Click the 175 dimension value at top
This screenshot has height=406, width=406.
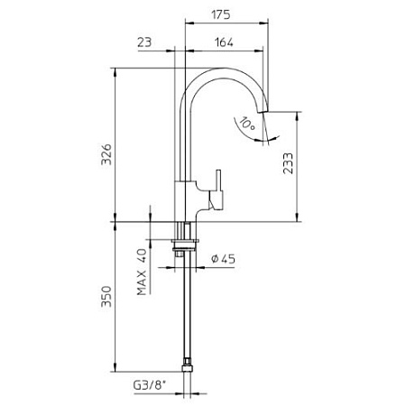221,14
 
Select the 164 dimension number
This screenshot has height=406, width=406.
224,42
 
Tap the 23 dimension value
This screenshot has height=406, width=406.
144,42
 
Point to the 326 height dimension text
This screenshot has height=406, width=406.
106,154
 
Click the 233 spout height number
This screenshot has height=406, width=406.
288,163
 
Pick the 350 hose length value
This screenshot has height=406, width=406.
106,297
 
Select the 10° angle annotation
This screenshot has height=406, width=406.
248,124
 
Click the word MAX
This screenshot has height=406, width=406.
142,283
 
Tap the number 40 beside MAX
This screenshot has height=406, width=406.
142,255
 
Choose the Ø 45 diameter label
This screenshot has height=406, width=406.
223,259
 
